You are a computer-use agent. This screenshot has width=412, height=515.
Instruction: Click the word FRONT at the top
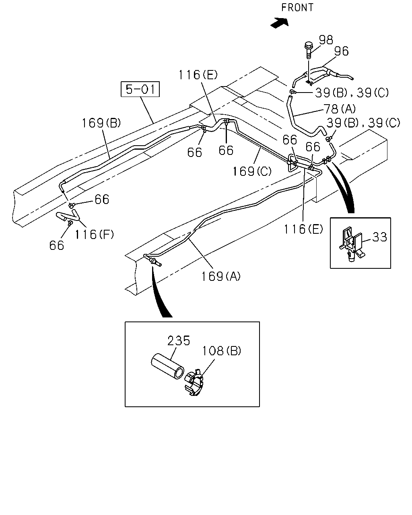297,8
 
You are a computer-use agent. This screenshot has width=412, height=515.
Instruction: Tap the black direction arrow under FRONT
280,23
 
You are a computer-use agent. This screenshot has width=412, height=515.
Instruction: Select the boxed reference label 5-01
140,89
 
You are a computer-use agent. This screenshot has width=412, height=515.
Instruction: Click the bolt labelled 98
308,50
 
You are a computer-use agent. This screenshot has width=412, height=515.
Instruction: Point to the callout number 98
326,40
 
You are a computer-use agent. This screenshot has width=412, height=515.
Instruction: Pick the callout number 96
341,51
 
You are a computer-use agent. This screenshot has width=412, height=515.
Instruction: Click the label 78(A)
340,109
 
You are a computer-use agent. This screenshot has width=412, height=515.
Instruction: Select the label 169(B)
101,123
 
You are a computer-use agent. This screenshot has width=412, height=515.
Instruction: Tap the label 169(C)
252,171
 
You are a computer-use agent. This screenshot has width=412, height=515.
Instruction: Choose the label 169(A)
221,276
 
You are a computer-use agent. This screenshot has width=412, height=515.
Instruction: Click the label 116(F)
94,235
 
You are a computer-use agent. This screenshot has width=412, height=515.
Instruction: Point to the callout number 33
380,237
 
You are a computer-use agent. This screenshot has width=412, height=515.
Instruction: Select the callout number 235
179,341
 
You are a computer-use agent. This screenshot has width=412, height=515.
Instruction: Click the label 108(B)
221,351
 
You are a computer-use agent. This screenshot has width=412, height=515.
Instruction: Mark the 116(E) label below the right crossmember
303,229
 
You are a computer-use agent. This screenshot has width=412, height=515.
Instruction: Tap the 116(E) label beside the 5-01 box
198,75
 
